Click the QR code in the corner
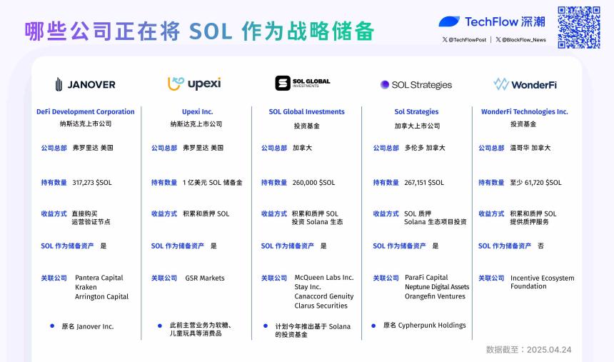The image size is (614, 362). (578, 27)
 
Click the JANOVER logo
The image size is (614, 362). (85, 84)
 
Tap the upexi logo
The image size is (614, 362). (194, 84)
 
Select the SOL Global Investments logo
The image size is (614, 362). (303, 84)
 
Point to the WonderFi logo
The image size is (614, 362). (525, 84)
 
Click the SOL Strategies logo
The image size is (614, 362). (416, 84)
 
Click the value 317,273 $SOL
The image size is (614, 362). (92, 183)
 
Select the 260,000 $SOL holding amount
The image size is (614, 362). (313, 183)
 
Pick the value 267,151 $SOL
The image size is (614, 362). (424, 183)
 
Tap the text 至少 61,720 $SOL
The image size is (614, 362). (535, 183)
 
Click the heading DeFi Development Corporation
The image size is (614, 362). (85, 112)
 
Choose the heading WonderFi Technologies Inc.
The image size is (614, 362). (525, 112)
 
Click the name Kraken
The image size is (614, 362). (86, 287)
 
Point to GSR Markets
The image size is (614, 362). (204, 278)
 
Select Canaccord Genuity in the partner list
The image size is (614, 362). (323, 296)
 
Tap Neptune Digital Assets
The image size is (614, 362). (437, 287)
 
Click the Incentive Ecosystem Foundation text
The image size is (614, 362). (542, 282)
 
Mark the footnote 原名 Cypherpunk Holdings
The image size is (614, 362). (424, 326)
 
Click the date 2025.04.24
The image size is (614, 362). (549, 350)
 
